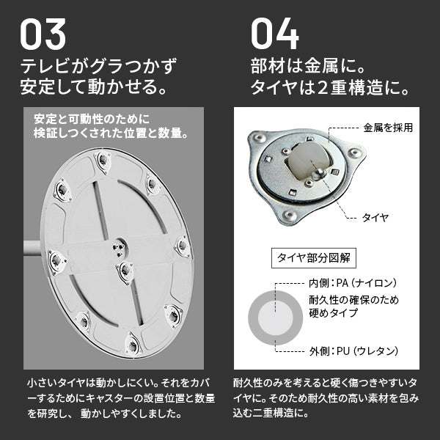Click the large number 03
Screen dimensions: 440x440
pyautogui.click(x=43, y=34)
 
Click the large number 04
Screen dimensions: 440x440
pyautogui.click(x=275, y=34)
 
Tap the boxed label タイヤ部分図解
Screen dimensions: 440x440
pyautogui.click(x=313, y=258)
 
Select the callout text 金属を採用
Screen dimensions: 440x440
pyautogui.click(x=388, y=128)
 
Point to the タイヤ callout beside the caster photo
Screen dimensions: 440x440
pyautogui.click(x=375, y=218)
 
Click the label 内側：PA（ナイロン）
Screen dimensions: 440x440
pyautogui.click(x=353, y=283)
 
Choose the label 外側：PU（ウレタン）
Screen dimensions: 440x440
pyautogui.click(x=353, y=351)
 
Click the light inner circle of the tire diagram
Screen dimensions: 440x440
pyautogui.click(x=275, y=318)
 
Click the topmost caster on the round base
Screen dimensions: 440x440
pyautogui.click(x=103, y=161)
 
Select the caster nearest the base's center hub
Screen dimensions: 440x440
pyautogui.click(x=125, y=271)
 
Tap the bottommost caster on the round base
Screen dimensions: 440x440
pyautogui.click(x=133, y=345)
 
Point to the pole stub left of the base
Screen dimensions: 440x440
pyautogui.click(x=32, y=248)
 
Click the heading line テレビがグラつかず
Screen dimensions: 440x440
pyautogui.click(x=98, y=66)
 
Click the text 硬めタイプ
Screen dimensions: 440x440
pyautogui.click(x=334, y=312)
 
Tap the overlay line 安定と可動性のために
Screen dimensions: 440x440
pyautogui.click(x=92, y=119)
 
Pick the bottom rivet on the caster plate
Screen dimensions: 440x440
pyautogui.click(x=289, y=216)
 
